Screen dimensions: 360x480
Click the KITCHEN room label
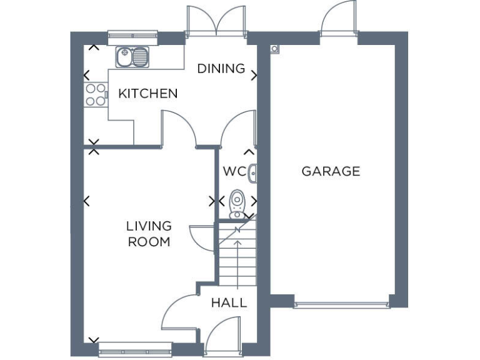148,94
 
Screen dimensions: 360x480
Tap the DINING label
221,69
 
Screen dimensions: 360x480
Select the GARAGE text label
331,171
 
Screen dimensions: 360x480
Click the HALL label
229,303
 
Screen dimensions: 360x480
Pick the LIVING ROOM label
149,234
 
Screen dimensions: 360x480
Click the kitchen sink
133,57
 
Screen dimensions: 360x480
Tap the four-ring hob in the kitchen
95,94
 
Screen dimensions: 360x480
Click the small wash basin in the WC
252,172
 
